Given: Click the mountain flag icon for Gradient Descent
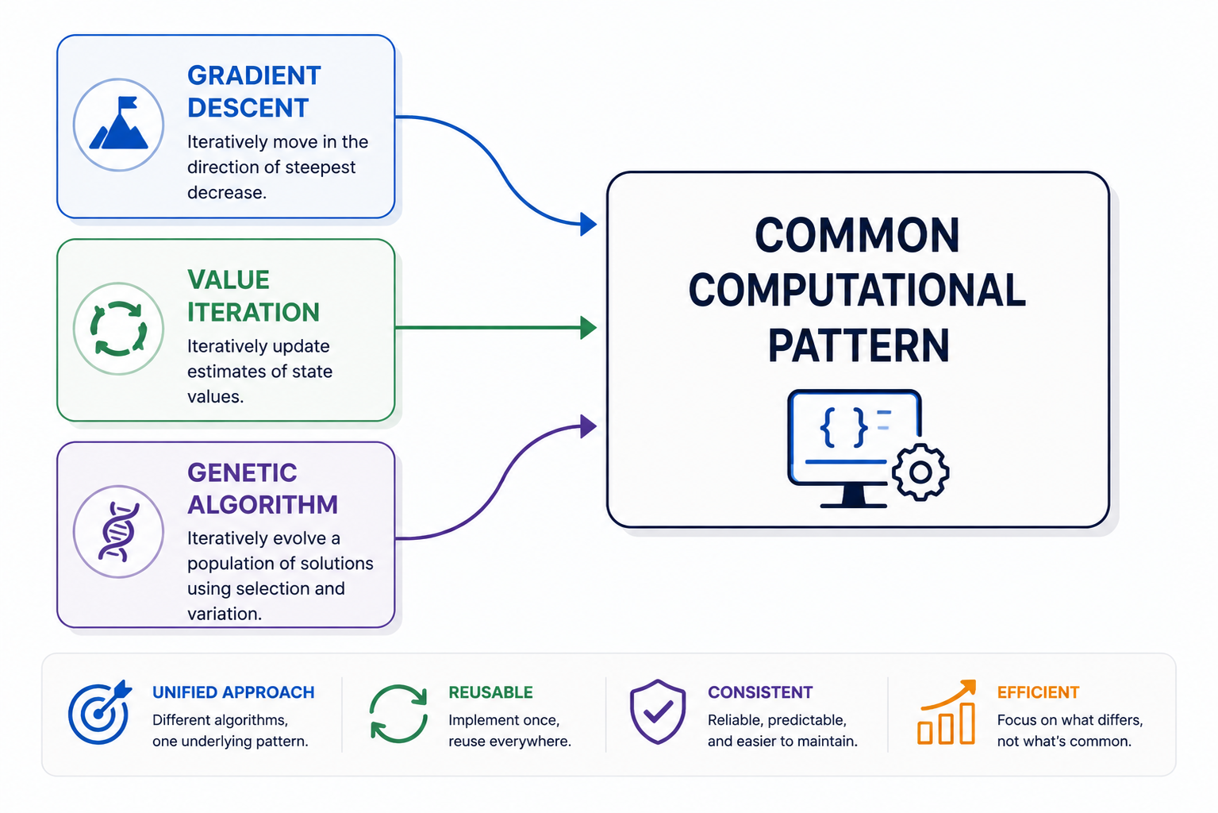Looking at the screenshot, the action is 118,123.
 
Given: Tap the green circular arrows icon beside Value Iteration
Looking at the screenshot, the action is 118,329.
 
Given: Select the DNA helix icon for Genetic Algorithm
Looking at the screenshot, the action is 118,532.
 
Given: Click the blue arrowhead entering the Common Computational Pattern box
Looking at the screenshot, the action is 588,224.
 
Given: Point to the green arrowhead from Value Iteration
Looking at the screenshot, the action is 588,328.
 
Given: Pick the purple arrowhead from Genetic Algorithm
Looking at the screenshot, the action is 588,426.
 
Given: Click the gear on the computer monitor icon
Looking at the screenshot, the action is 920,472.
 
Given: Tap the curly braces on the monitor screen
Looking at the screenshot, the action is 843,428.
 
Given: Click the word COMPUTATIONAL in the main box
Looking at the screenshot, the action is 857,291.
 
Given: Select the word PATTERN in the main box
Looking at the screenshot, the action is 859,345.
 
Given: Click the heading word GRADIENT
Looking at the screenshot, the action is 254,75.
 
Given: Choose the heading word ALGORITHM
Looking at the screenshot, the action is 263,505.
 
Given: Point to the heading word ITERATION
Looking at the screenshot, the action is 253,312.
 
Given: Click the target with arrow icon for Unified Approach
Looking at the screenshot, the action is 100,712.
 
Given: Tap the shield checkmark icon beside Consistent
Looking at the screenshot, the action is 658,712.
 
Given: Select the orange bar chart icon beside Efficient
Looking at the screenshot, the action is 947,712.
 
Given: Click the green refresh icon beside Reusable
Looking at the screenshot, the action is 398,714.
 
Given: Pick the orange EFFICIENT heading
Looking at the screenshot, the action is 1038,692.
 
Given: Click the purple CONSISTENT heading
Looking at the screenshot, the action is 760,692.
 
